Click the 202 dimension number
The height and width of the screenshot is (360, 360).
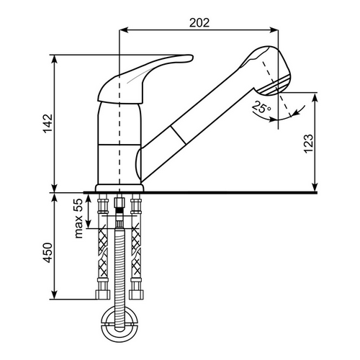coord(199,23)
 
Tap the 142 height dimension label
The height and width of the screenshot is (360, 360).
coord(48,124)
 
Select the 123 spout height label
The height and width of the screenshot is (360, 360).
coord(308,143)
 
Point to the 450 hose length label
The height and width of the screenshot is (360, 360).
coord(48,253)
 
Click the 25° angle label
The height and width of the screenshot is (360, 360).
coord(261,107)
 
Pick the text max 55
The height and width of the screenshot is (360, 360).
coord(78,218)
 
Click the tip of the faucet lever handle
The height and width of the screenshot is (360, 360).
coord(192,58)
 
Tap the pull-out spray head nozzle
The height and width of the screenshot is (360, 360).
coord(276,84)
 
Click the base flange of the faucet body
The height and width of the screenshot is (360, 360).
coord(120,188)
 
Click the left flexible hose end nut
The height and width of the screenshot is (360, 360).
coord(103,294)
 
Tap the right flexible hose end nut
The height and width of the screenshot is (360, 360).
coord(136,294)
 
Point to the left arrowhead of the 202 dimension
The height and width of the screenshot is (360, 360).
coord(123,30)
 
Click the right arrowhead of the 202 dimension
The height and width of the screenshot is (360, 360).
coord(274,30)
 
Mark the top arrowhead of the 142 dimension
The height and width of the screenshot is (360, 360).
coord(55,59)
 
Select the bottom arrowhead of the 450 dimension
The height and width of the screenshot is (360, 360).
coord(55,295)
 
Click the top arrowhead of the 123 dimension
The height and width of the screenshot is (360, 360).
coord(315,96)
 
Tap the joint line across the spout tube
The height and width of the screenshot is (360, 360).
coord(178,135)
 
